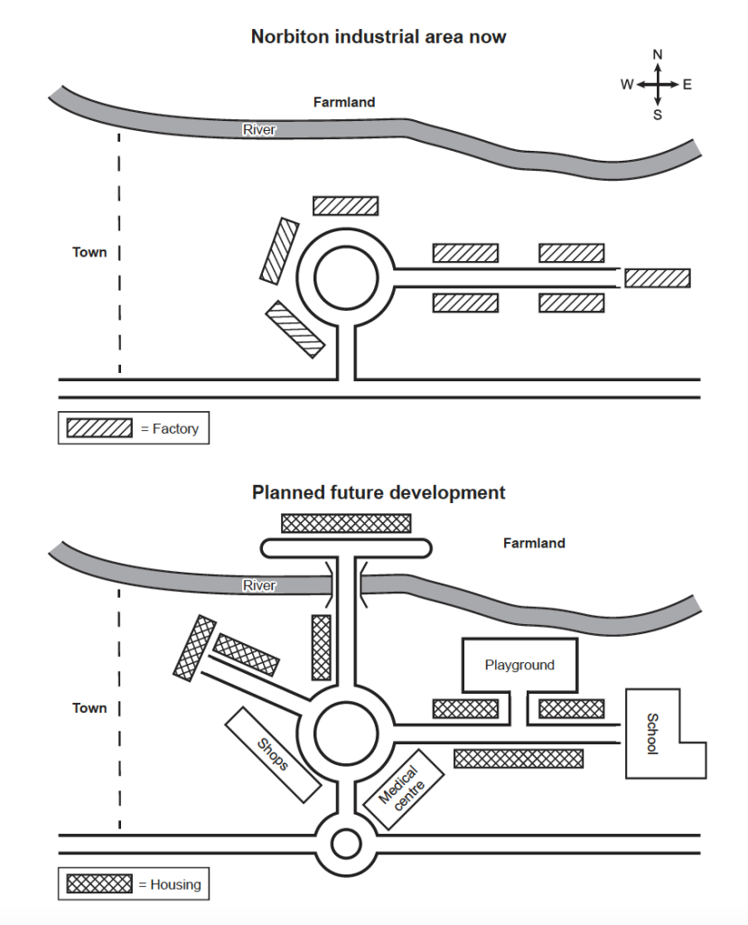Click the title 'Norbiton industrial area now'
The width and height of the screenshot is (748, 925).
click(379, 37)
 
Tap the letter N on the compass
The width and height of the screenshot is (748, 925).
click(658, 55)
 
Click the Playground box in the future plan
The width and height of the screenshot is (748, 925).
click(519, 666)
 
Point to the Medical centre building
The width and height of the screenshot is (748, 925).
click(403, 784)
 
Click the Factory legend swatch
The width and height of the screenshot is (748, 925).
click(99, 428)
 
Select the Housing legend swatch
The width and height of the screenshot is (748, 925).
click(99, 884)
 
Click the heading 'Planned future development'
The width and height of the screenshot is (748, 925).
click(379, 493)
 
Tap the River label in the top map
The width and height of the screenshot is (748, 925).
click(258, 130)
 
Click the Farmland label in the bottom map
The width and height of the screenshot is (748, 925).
click(534, 543)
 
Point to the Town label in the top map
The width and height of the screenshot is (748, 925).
click(89, 253)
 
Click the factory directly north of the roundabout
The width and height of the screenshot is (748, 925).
click(345, 206)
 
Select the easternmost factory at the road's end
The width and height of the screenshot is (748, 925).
click(658, 278)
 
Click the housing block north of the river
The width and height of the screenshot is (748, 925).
click(346, 523)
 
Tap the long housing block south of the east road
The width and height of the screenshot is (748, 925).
click(518, 759)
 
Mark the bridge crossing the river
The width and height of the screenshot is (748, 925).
click(347, 585)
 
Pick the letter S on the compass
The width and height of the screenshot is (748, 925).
click(658, 115)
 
